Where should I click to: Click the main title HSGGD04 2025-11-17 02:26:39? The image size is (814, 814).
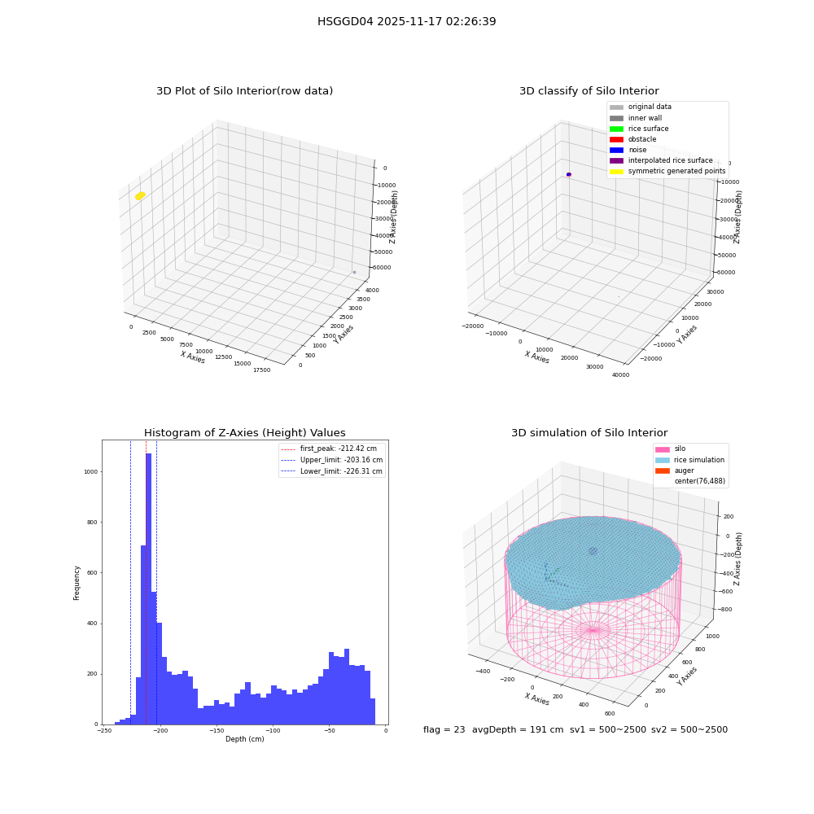(x=406, y=21)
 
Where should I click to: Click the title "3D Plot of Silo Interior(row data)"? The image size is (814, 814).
(x=244, y=91)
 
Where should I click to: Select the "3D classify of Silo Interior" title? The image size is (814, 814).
(x=589, y=91)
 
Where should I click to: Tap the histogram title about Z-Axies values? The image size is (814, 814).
(x=244, y=432)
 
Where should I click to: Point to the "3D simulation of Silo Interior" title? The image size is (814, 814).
(x=589, y=432)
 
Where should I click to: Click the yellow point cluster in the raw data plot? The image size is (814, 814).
(x=140, y=195)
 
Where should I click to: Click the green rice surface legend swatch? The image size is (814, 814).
(x=616, y=129)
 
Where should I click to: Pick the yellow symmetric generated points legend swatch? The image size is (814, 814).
(x=616, y=171)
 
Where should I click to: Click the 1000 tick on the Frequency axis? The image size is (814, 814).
(x=90, y=472)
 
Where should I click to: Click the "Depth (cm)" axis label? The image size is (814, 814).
(x=244, y=739)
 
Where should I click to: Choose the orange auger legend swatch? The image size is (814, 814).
(x=663, y=470)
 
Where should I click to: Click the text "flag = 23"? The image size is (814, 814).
(x=444, y=729)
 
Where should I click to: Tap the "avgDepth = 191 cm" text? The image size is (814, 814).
(x=518, y=729)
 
